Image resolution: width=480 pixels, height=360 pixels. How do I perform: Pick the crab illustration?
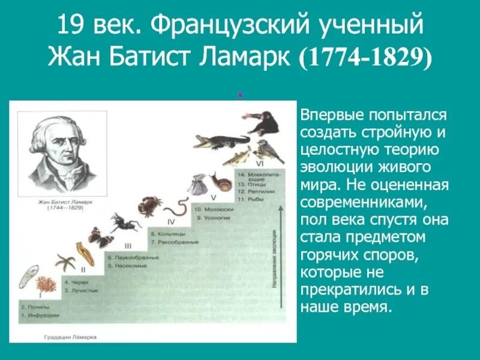click(148, 203)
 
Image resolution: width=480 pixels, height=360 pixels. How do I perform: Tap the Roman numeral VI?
click(259, 164)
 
